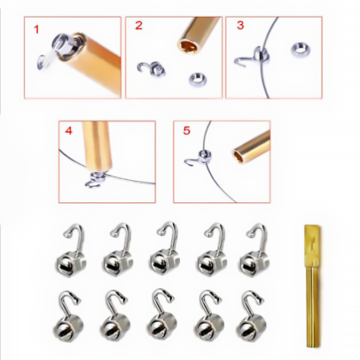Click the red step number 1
[x=37, y=30]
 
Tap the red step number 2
[x=138, y=26]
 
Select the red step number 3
[x=240, y=25]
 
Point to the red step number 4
[x=69, y=130]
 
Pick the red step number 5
[x=186, y=130]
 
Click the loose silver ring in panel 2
[x=198, y=79]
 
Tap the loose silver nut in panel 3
[x=301, y=50]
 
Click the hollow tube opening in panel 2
[x=188, y=46]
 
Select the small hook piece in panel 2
[x=151, y=69]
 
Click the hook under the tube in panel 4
[x=95, y=181]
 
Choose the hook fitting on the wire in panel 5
[x=199, y=158]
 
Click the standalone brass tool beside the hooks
[x=312, y=286]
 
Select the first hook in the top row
[x=71, y=250]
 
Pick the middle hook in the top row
[x=165, y=249]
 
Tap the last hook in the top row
[x=254, y=250]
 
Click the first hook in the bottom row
[x=69, y=317]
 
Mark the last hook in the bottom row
[x=250, y=316]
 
